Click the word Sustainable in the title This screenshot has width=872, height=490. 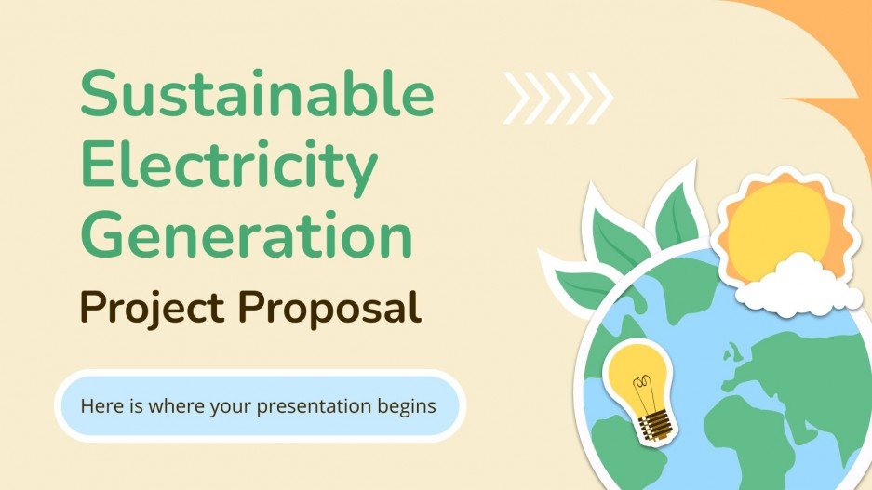[x=257, y=98]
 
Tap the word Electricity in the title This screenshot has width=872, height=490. [x=229, y=166]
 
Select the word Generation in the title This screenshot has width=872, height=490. [x=246, y=234]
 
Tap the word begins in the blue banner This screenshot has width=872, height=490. [x=407, y=406]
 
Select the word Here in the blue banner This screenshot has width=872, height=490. [x=99, y=406]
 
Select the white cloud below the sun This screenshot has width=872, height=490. [x=798, y=285]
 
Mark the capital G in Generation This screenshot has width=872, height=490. [x=107, y=234]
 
